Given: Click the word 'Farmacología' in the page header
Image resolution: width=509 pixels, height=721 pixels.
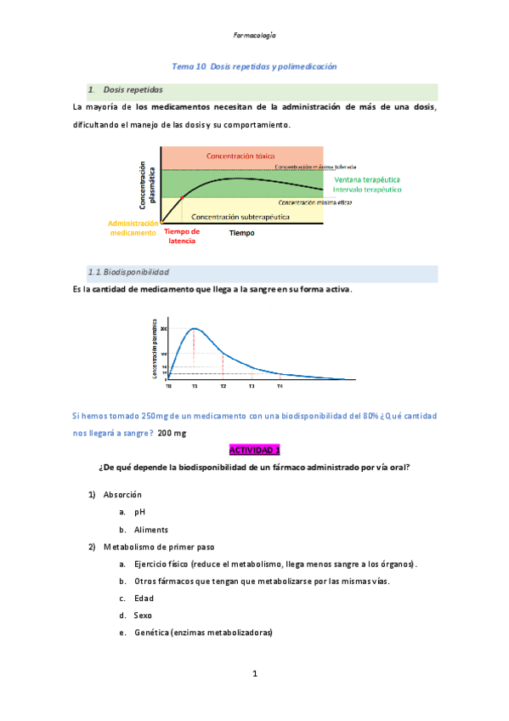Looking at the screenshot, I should click(254, 36).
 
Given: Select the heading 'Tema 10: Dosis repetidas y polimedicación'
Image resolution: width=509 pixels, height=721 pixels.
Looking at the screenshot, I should click(254, 65).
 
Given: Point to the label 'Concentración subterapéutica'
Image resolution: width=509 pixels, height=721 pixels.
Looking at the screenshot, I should click(240, 217).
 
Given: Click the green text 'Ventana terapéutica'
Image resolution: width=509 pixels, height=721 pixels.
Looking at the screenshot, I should click(366, 180).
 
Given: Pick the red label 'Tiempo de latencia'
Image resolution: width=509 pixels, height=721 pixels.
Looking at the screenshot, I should click(182, 236).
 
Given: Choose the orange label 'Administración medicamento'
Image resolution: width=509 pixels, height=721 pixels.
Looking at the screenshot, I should click(133, 227).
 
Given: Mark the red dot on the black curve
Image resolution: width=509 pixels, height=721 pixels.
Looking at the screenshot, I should click(182, 198).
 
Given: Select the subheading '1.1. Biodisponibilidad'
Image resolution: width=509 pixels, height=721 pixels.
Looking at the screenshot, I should click(127, 272).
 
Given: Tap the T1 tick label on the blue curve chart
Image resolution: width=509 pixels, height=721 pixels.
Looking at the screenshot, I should click(195, 386).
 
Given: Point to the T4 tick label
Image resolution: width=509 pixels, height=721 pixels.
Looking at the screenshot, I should click(280, 386).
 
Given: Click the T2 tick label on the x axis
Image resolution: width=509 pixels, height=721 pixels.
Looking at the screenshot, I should click(223, 386).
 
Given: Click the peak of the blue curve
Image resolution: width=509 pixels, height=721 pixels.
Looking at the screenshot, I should click(195, 328).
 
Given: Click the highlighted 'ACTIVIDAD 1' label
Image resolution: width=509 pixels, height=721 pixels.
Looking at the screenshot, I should click(254, 450).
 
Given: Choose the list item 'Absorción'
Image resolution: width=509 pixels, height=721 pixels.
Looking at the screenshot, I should click(122, 495).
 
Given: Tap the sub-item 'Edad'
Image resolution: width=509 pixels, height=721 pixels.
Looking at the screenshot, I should click(144, 598).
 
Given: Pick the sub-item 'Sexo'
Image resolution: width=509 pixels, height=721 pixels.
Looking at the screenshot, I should click(143, 615).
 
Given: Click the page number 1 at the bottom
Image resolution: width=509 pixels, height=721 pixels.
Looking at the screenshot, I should click(254, 674).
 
